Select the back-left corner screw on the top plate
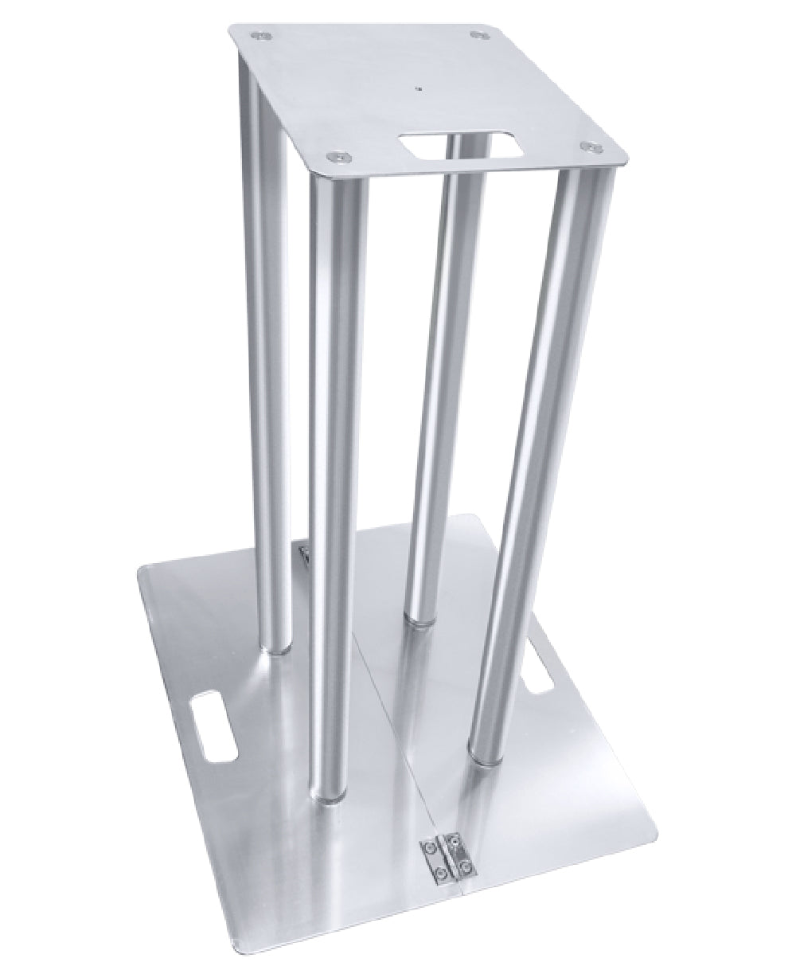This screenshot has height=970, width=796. [x=260, y=35]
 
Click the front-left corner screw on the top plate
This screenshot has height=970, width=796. [x=341, y=157]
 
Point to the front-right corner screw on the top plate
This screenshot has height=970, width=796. [x=589, y=147]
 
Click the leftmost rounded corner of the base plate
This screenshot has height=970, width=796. [x=143, y=570]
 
